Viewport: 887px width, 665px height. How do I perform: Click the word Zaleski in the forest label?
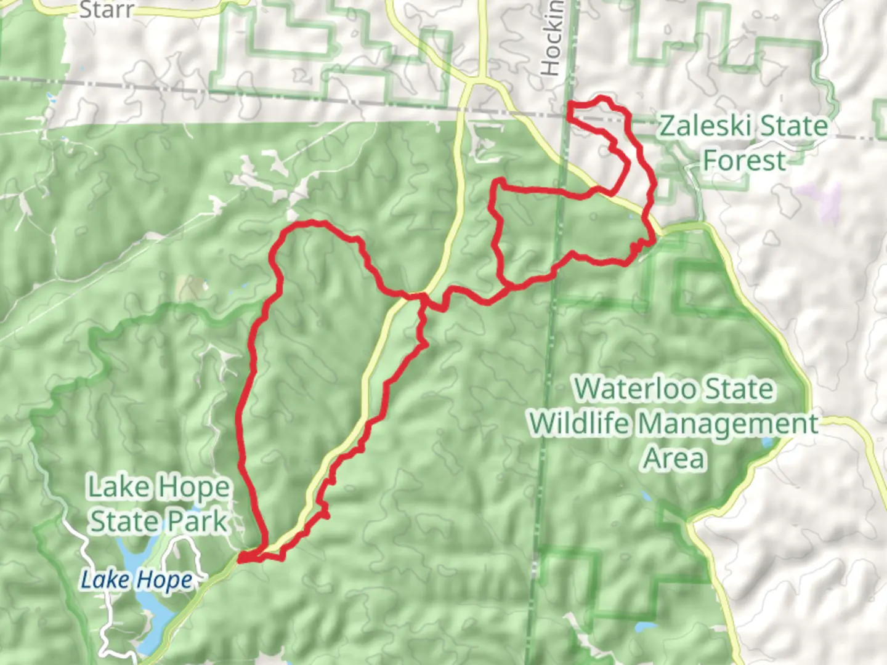[699, 126]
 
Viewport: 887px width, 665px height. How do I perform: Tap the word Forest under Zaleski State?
[744, 161]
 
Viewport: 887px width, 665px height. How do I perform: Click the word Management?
[727, 424]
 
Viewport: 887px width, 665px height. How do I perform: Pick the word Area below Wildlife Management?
[674, 459]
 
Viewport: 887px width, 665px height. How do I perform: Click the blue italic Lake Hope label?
[137, 580]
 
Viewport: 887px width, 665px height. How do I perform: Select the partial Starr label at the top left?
[106, 10]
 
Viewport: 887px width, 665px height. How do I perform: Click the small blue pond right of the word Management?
[768, 442]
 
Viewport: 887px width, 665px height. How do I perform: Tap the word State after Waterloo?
[739, 389]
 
